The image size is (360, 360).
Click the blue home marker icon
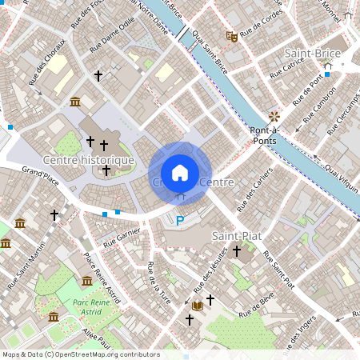pos(180,172)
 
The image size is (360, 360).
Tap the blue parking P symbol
pos(180,220)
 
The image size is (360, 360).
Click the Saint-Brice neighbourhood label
pos(313,54)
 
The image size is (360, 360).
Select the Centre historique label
pos(88,160)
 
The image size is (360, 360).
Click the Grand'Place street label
pos(42,173)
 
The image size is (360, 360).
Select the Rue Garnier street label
pos(122,236)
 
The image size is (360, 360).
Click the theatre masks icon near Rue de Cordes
pos(231,35)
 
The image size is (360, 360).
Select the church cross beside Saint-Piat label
pos(236,251)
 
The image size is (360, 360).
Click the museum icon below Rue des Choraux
pos(75,102)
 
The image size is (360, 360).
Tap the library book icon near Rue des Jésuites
pos(196,306)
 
